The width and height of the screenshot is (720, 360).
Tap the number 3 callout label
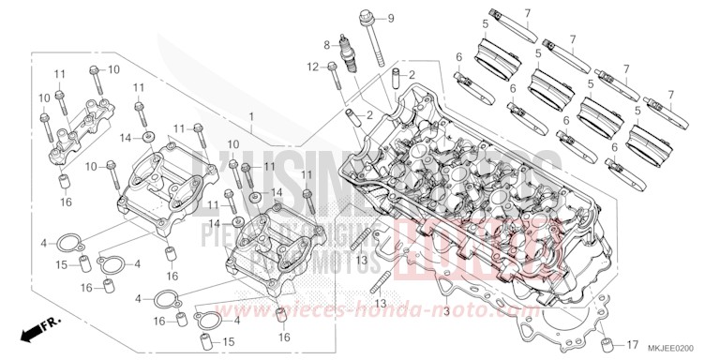click(447, 310)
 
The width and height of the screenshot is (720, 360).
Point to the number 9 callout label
click(391, 19)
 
